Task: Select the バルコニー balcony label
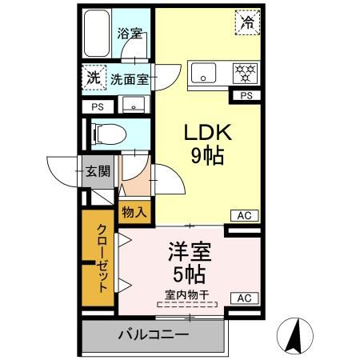tap(154, 334)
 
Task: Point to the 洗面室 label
tap(130, 79)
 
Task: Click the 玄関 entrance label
tap(98, 170)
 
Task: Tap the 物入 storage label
tap(134, 212)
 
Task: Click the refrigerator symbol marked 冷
tap(248, 22)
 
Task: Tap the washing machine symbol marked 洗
tap(94, 78)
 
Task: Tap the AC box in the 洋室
tap(243, 298)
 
